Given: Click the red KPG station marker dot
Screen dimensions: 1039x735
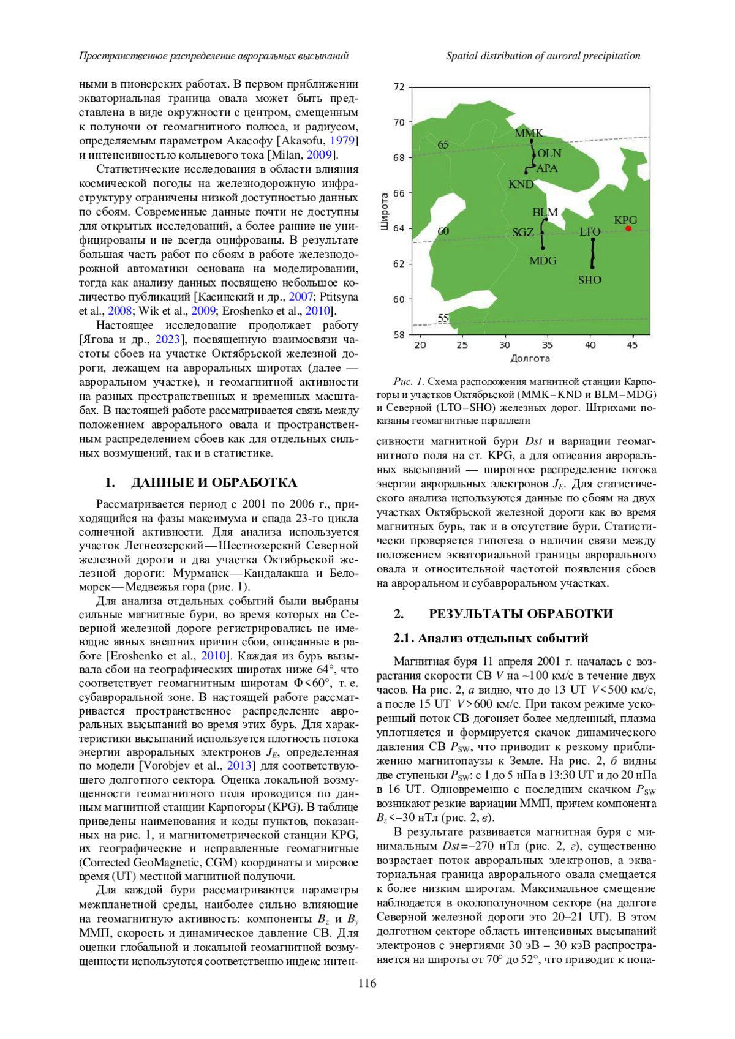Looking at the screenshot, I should pos(628,228).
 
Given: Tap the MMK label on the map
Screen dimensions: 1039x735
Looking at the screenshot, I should pos(529,133).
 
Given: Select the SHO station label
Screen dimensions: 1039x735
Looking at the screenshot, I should pos(589,280).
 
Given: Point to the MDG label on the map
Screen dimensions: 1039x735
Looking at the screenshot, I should pos(543,261).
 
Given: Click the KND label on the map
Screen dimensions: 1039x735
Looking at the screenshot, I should pos(521,184).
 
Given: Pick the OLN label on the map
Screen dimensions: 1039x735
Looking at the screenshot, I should pos(549,153).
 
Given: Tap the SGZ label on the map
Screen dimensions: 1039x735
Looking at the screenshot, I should pos(523,233).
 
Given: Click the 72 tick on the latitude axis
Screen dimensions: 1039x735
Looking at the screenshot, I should pos(399,87).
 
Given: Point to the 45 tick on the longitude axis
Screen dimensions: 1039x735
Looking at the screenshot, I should pos(632,345).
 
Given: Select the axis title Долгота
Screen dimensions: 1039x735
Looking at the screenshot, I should pos(530,358).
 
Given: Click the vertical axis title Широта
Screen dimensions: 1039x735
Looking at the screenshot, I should pos(385,211).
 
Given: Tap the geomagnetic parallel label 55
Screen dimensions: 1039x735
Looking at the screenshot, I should pos(443,318).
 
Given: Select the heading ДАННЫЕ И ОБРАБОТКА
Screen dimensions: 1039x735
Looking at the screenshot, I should pos(214,482).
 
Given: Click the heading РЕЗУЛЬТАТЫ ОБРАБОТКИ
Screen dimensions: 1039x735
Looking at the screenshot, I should pos(521,614).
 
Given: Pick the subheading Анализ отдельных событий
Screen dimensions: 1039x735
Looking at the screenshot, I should pos(502,638).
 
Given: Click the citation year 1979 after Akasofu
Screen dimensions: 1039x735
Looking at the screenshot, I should pos(342,141).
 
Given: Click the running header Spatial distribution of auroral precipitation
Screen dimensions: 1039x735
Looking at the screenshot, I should pos(543,56).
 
